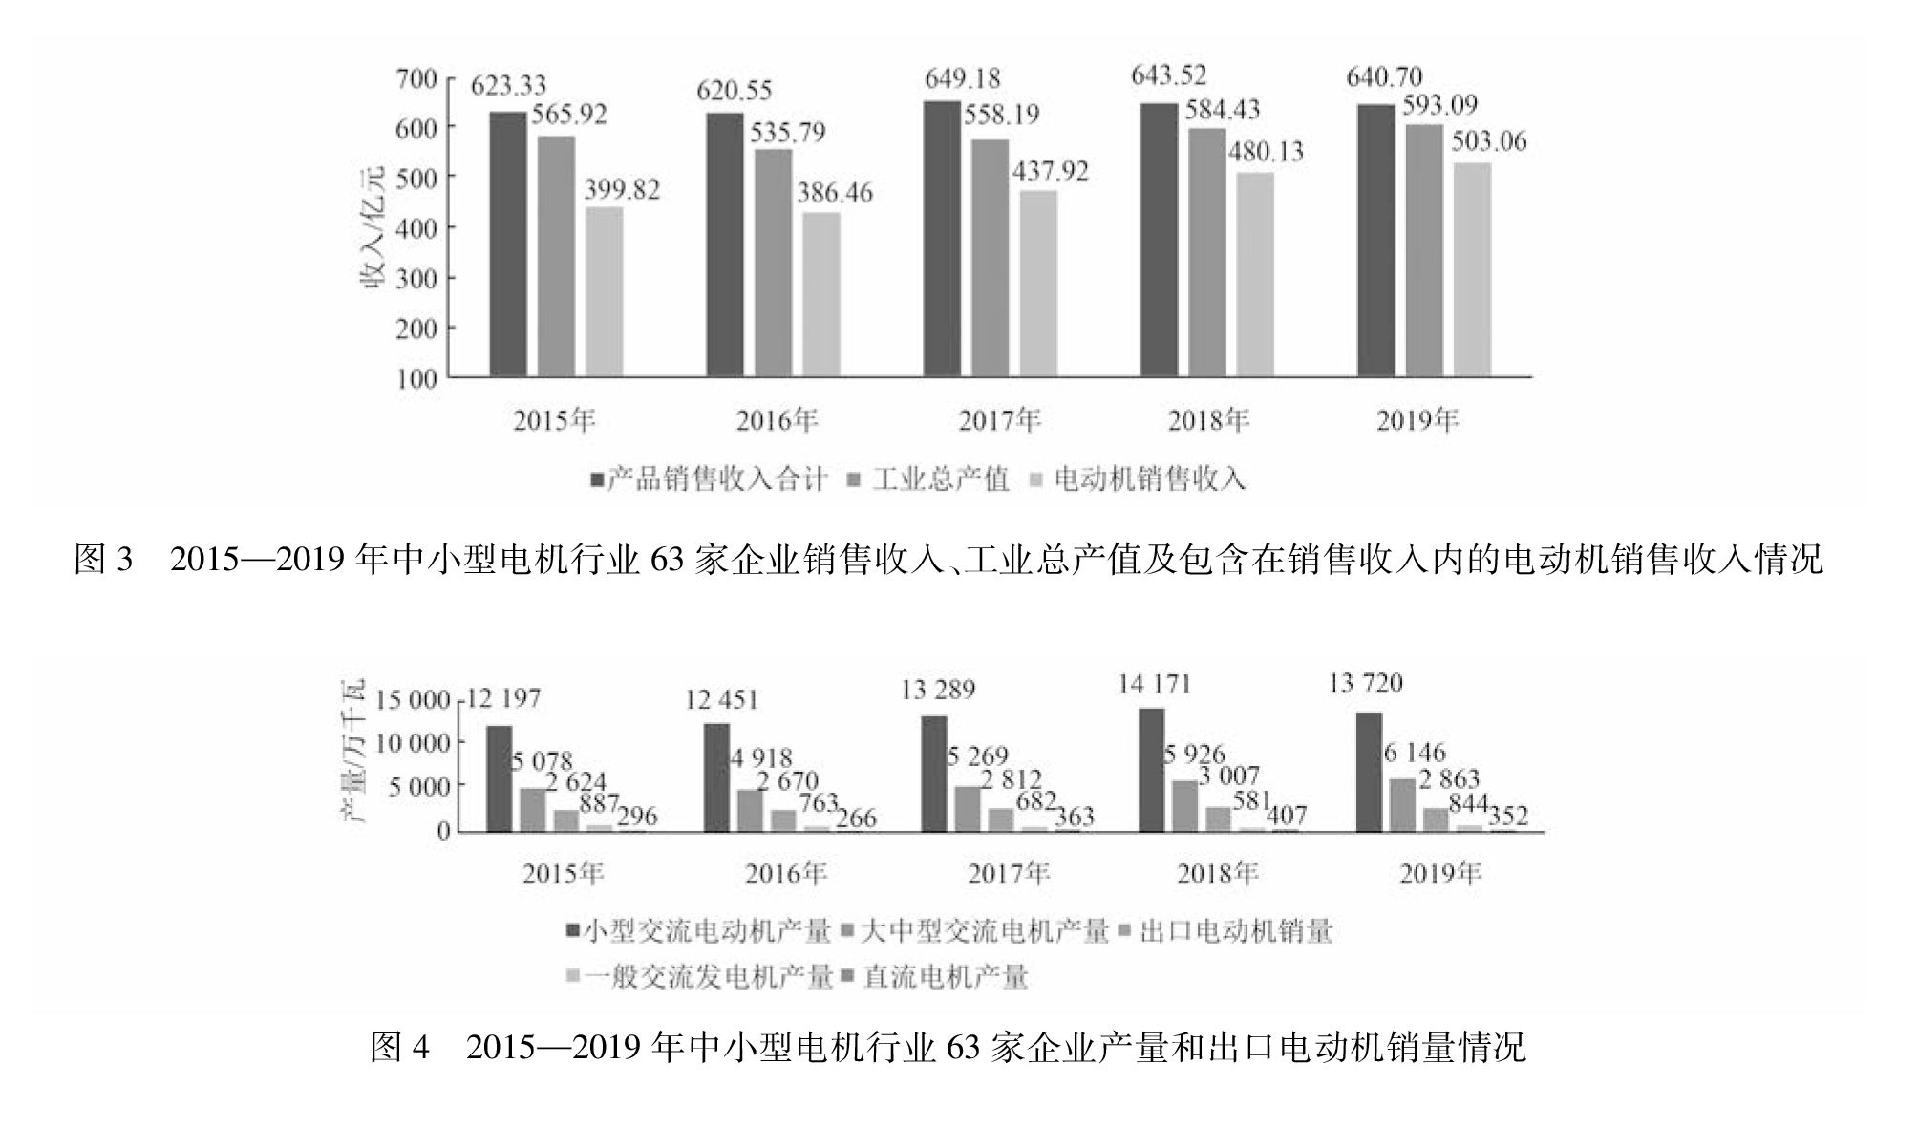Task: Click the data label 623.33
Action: pos(507,86)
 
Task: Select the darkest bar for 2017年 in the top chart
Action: pos(942,239)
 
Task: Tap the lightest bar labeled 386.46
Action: pos(821,294)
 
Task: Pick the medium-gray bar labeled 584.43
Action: pos(1206,253)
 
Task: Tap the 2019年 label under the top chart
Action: pos(1417,421)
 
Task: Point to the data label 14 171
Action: pos(1154,685)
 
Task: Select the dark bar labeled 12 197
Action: pos(500,778)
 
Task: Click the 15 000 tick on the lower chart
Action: pos(413,700)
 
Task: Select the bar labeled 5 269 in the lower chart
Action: pos(967,809)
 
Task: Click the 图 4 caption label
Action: pos(399,1048)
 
